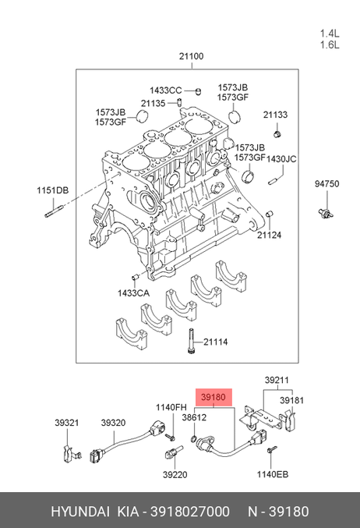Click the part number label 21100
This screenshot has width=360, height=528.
191,56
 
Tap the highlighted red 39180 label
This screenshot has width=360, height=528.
214,397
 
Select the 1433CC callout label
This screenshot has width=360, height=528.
165,90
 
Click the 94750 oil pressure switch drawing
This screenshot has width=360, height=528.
326,212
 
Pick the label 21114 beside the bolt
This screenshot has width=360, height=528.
216,342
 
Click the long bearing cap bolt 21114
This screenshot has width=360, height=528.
191,341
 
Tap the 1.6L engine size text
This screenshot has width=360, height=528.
330,44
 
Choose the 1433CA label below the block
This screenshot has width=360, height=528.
133,293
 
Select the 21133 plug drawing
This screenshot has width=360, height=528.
277,134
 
